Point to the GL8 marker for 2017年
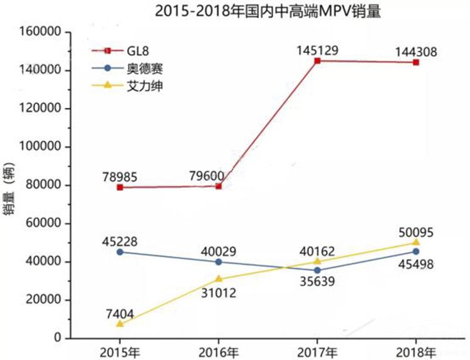[318, 61]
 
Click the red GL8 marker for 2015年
[120, 187]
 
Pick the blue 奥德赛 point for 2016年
[219, 262]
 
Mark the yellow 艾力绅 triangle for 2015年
[120, 324]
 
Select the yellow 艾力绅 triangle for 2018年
[416, 242]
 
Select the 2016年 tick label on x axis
[219, 351]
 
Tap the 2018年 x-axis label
[416, 351]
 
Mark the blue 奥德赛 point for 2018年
[416, 251]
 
